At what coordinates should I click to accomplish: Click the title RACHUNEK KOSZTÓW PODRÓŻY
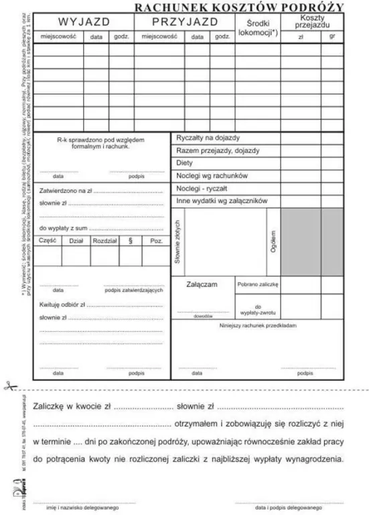tap(239, 7)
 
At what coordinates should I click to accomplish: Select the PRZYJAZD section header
tap(185, 21)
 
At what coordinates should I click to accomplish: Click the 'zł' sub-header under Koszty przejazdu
tap(301, 36)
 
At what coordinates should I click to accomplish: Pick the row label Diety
tap(184, 163)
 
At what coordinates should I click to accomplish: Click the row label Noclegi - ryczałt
tap(202, 188)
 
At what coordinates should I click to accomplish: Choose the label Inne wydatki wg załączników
tap(222, 201)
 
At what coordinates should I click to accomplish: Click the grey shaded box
tap(312, 241)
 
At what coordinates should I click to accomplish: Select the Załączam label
tap(202, 285)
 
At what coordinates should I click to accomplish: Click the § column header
tap(130, 240)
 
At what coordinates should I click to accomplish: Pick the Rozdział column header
tap(104, 240)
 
